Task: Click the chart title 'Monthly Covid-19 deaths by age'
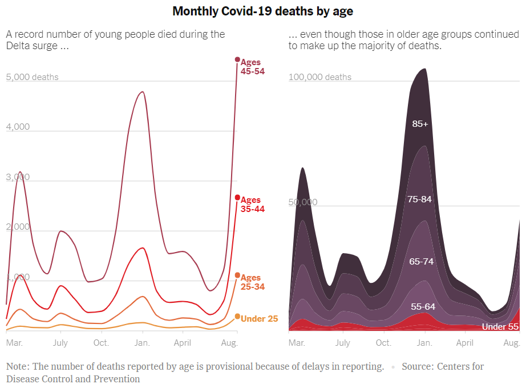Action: click(x=263, y=11)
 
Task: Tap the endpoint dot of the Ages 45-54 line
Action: click(x=237, y=59)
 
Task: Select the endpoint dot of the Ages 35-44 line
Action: click(x=237, y=198)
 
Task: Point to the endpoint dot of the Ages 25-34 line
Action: click(x=237, y=275)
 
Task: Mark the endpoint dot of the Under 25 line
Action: click(x=237, y=317)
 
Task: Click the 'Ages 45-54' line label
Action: click(x=252, y=67)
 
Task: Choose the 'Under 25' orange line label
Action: click(x=260, y=319)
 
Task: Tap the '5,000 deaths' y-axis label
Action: click(x=33, y=77)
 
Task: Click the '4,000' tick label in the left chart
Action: click(x=18, y=127)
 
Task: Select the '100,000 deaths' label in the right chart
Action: click(x=320, y=77)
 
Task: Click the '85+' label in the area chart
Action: click(x=420, y=123)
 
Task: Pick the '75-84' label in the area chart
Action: click(x=420, y=199)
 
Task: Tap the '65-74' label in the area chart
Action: click(x=422, y=262)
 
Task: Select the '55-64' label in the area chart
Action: click(x=423, y=307)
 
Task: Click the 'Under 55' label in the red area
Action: click(x=500, y=327)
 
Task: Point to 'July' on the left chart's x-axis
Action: click(x=60, y=343)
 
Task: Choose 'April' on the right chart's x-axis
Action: click(x=464, y=343)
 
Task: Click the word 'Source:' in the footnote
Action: click(x=419, y=366)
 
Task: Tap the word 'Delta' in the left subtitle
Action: click(x=18, y=46)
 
